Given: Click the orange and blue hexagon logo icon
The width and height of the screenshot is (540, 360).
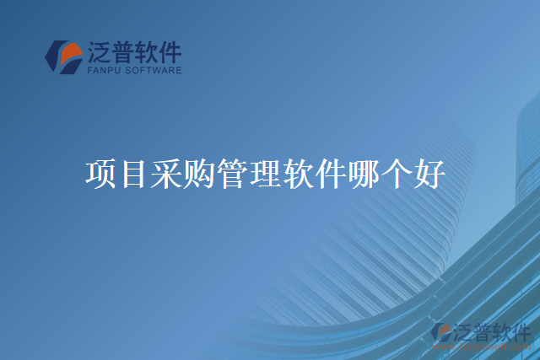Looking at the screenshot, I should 63,57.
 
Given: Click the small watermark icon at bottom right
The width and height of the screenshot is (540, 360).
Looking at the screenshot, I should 441,332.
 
